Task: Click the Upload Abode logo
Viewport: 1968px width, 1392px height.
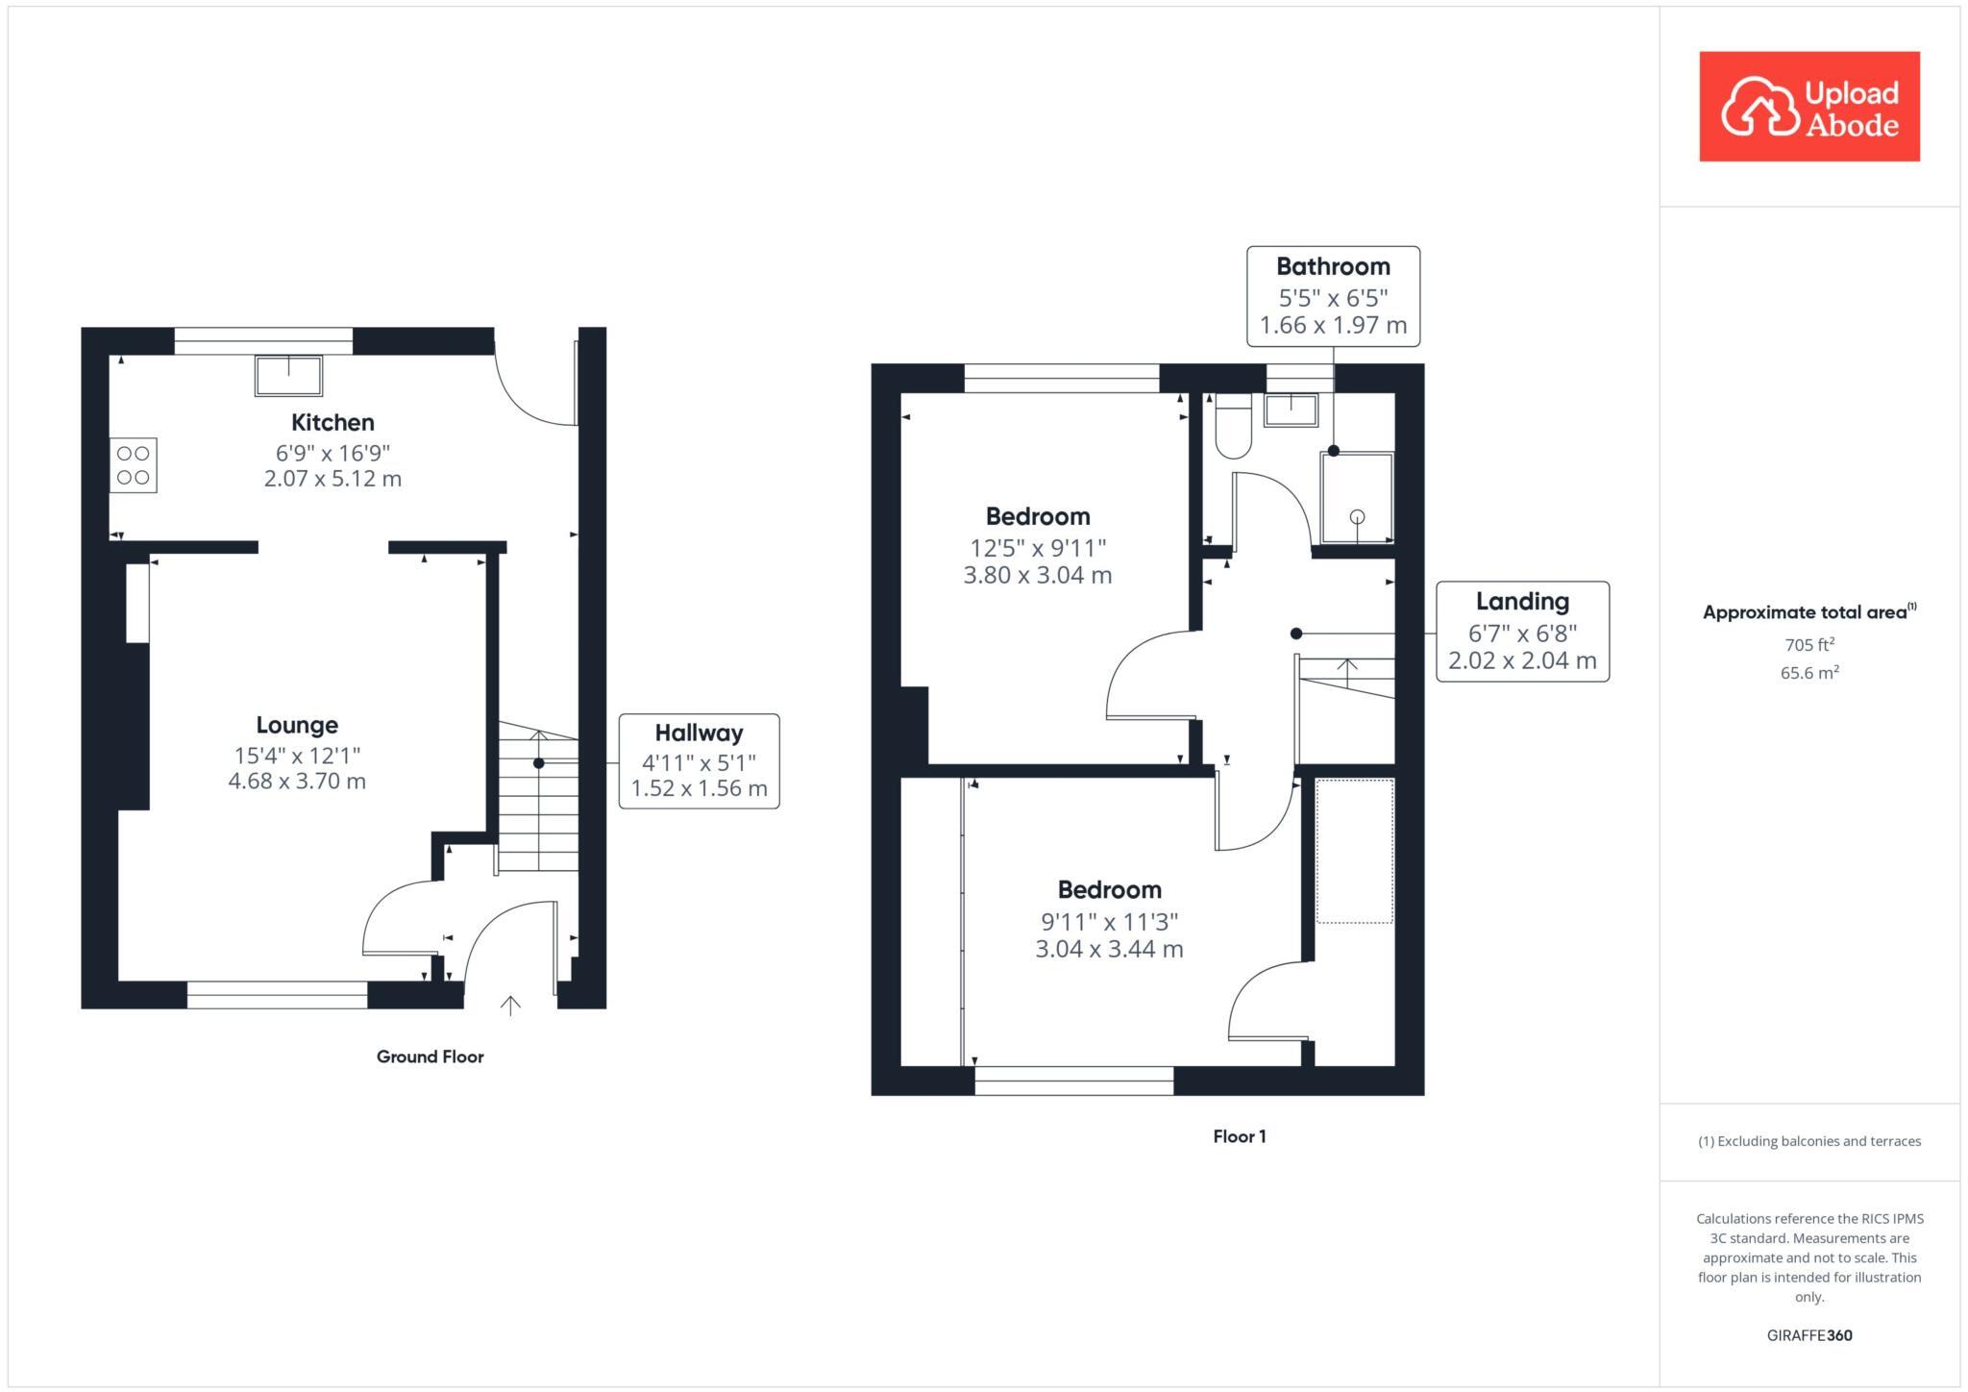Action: point(1808,107)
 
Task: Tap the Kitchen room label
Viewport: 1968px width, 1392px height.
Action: point(332,422)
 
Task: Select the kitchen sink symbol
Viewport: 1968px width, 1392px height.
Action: point(288,375)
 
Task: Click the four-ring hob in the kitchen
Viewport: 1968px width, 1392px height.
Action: point(134,465)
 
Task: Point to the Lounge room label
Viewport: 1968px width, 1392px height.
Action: point(297,725)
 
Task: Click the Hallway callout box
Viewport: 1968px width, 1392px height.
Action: point(699,761)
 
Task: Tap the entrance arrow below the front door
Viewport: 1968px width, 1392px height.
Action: point(510,1006)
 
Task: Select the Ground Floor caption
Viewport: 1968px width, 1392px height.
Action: point(430,1056)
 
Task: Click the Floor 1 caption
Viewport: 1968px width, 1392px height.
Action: point(1239,1136)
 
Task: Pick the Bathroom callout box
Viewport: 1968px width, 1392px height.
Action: point(1333,296)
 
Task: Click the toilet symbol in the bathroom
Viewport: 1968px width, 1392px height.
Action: point(1233,429)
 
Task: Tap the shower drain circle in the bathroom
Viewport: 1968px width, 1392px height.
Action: point(1357,517)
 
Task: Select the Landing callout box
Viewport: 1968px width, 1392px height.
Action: point(1522,632)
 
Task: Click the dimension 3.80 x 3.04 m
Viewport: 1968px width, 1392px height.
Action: point(1038,576)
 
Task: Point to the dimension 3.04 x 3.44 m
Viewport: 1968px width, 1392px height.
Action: point(1109,950)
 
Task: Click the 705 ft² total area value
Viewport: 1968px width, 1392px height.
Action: point(1808,644)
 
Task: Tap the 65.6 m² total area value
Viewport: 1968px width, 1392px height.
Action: point(1808,673)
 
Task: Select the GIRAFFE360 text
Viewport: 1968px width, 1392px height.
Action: point(1808,1335)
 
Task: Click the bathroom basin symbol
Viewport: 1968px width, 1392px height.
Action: point(1291,410)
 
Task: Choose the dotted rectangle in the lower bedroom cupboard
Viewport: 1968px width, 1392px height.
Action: point(1354,852)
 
